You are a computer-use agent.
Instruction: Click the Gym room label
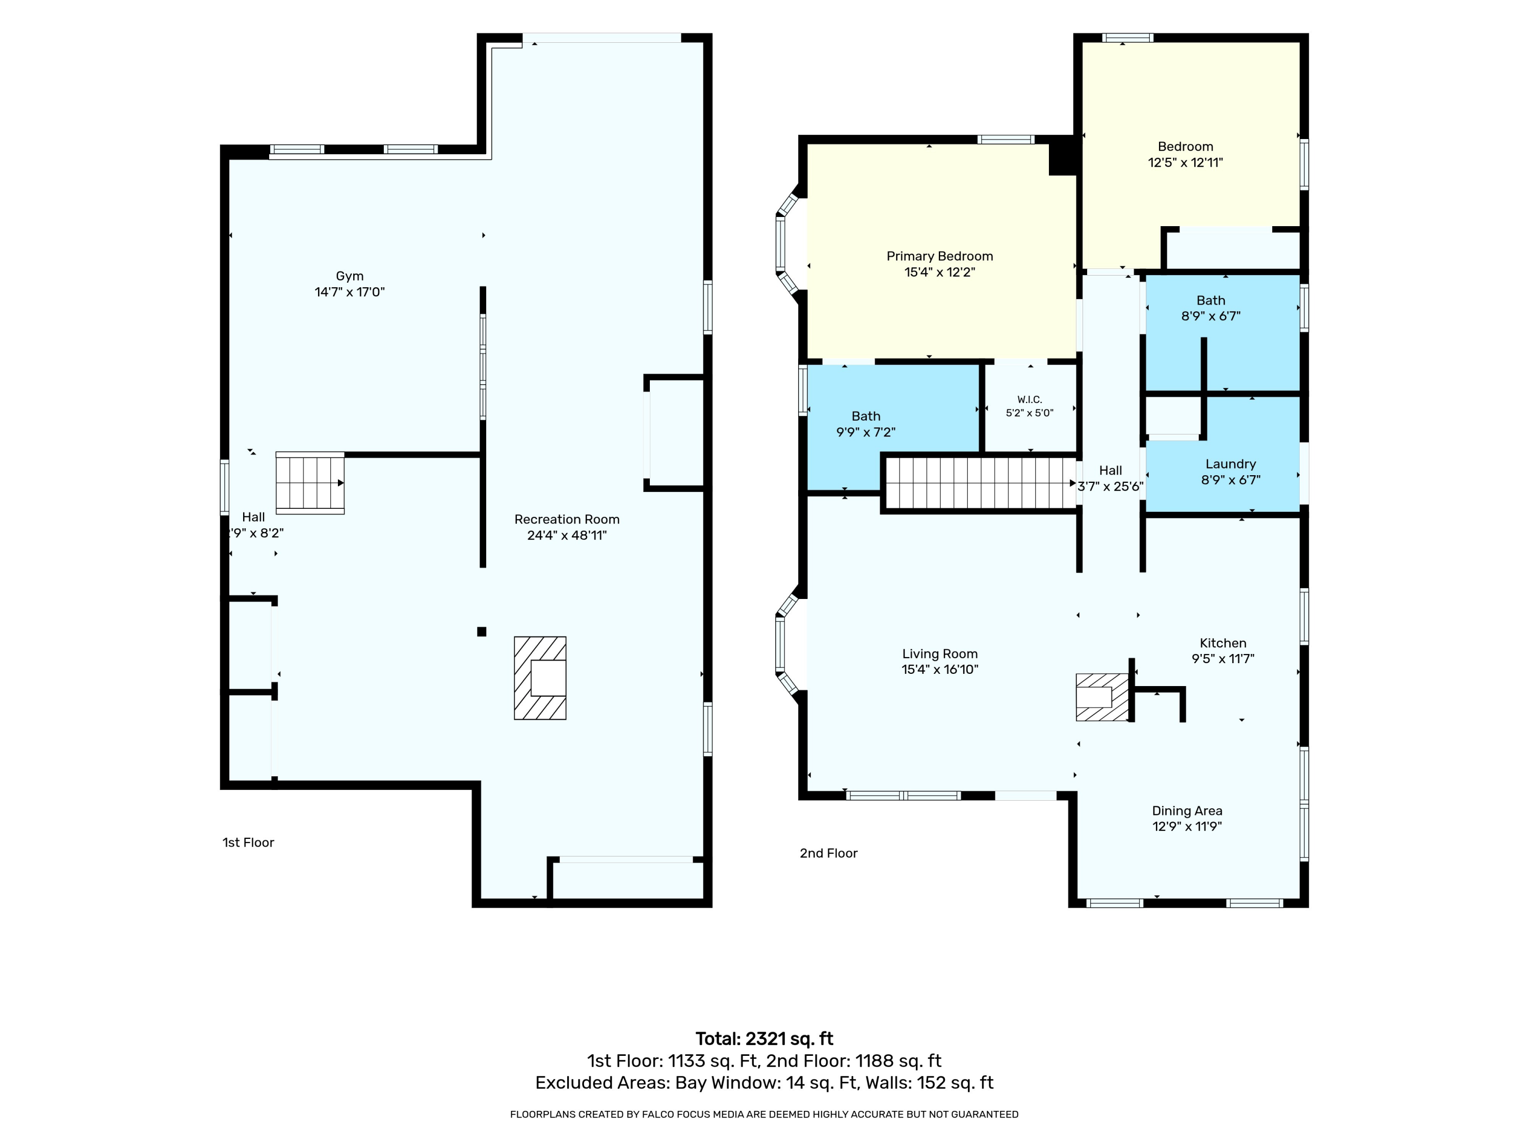click(349, 276)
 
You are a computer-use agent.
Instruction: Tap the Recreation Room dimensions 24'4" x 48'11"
click(567, 535)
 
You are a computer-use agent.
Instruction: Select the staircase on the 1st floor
click(310, 483)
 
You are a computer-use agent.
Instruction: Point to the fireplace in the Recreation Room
click(540, 677)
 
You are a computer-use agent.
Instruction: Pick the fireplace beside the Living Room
click(1102, 697)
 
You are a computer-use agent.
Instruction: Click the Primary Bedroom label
click(939, 256)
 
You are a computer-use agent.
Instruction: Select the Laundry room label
click(1230, 464)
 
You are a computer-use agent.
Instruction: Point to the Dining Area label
click(1187, 811)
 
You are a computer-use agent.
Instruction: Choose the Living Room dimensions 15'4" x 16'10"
click(939, 669)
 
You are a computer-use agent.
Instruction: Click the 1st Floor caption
click(248, 843)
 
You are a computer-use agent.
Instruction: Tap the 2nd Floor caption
click(828, 853)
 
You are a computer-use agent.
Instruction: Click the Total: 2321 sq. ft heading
click(765, 1039)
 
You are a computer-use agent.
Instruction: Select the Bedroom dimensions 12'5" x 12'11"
click(1185, 162)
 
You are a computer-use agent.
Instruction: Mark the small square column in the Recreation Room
click(482, 632)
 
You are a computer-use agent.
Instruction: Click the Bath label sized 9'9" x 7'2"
click(865, 417)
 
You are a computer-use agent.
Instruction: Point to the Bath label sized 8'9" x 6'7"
click(1210, 301)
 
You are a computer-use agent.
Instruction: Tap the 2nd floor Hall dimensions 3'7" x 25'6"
click(1110, 486)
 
